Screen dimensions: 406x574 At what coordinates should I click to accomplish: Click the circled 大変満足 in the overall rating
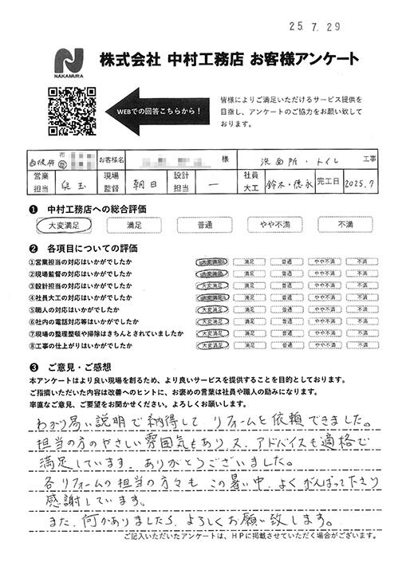62,226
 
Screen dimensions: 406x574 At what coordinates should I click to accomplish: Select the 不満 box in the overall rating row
345,226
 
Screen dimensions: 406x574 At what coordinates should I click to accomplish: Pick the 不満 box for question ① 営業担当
361,260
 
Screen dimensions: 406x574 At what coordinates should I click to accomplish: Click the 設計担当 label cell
181,183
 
